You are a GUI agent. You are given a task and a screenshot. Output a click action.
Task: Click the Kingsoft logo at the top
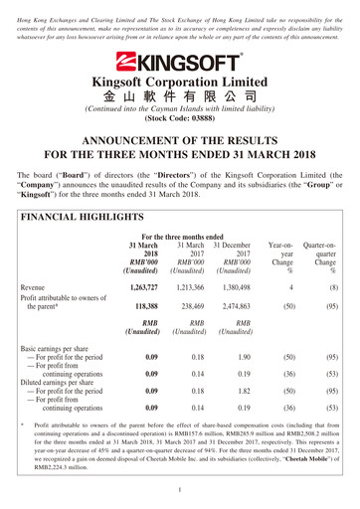point(179,59)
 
